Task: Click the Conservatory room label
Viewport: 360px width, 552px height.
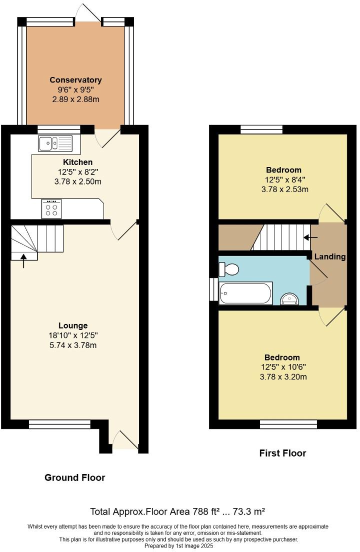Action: click(x=75, y=80)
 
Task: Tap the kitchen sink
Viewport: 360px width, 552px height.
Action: click(x=55, y=143)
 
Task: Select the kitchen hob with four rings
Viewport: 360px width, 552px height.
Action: click(x=51, y=209)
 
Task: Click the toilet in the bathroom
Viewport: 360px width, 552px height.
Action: click(x=229, y=270)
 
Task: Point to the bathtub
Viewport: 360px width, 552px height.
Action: click(x=246, y=293)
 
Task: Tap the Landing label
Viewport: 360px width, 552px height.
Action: click(x=330, y=256)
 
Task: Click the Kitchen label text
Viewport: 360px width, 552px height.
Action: click(x=77, y=162)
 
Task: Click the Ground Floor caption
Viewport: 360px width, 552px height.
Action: click(x=75, y=477)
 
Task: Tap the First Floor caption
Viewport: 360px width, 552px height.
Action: click(x=282, y=453)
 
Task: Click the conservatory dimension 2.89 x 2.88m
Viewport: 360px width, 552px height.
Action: click(x=75, y=99)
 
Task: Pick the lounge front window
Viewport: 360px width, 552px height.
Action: click(x=59, y=424)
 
